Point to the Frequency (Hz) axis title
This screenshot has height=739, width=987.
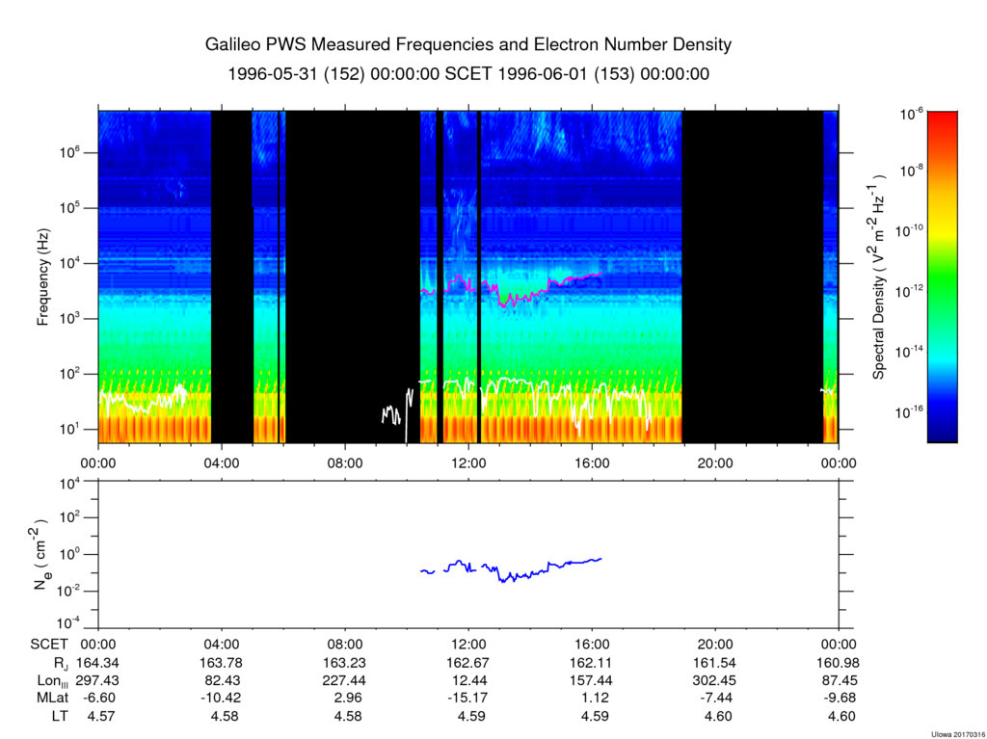(42, 277)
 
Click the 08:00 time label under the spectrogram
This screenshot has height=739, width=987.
(346, 463)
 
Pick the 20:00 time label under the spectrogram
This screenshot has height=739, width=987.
(716, 463)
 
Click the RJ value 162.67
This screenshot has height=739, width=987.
(469, 663)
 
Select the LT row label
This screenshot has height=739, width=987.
(60, 716)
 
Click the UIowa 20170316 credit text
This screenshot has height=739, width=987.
(957, 734)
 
